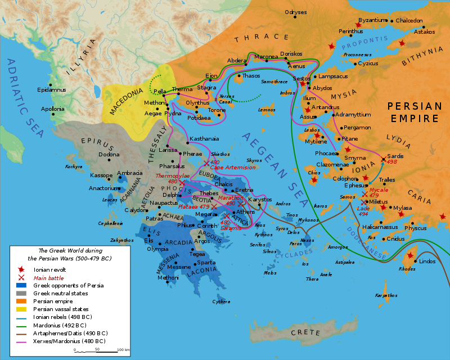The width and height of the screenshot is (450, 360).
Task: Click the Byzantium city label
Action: [x=373, y=20]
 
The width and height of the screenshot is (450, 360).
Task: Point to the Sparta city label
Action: [x=206, y=262]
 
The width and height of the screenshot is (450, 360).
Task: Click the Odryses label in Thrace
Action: [x=296, y=12]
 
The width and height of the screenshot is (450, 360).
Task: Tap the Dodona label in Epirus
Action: [x=109, y=154]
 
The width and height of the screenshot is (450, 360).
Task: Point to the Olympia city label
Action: [x=157, y=249]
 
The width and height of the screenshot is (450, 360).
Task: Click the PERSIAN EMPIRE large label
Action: [x=412, y=112]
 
